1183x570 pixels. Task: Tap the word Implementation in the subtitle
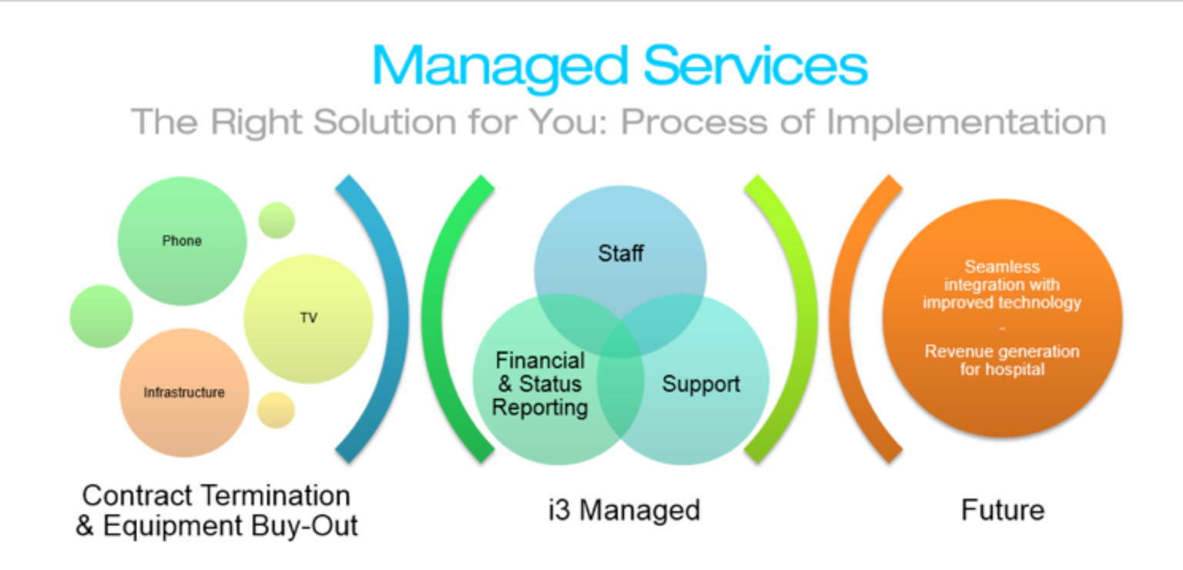tap(967, 122)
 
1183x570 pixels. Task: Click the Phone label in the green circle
tap(182, 241)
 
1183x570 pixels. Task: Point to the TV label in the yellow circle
tap(309, 318)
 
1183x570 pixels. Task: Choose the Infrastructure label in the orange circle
tap(184, 393)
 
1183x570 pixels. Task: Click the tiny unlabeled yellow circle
tap(275, 410)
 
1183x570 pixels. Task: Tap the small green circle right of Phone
tap(276, 220)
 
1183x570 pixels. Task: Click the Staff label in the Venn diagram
tap(620, 253)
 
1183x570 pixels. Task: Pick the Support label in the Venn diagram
tap(701, 384)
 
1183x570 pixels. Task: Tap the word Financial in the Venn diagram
tap(540, 360)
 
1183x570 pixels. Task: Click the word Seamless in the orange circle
tap(1002, 267)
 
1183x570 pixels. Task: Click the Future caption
tap(1002, 510)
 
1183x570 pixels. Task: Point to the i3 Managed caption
tap(624, 510)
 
